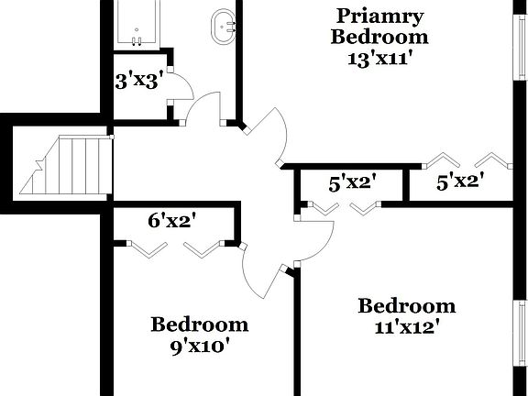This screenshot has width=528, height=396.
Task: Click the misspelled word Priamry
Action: pyautogui.click(x=380, y=16)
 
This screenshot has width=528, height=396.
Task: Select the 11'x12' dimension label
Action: pyautogui.click(x=406, y=326)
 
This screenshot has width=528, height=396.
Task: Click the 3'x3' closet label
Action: pyautogui.click(x=138, y=80)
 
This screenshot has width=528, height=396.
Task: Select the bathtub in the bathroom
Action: pyautogui.click(x=137, y=23)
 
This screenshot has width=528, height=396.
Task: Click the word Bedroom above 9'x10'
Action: pyautogui.click(x=199, y=324)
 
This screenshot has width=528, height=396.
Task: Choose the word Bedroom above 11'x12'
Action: pyautogui.click(x=406, y=305)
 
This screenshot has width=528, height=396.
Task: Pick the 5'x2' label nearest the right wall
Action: pyautogui.click(x=459, y=182)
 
